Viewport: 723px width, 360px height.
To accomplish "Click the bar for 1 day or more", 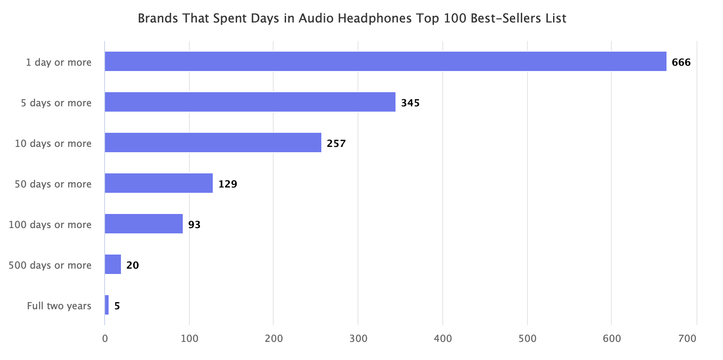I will tap(385, 61).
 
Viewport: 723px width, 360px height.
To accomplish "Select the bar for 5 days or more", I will tap(250, 102).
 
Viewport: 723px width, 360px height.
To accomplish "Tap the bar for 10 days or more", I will tap(213, 142).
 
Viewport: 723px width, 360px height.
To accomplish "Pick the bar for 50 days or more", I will tap(158, 183).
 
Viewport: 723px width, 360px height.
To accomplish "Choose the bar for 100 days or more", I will tap(143, 224).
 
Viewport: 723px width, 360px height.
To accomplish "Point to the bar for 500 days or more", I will tap(113, 264).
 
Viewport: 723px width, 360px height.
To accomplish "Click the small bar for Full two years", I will tap(107, 305).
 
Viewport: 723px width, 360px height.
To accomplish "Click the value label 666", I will tap(681, 62).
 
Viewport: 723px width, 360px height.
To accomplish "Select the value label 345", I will tap(410, 103).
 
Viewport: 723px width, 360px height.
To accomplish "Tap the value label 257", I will tap(336, 143).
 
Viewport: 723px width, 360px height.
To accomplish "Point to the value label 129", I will tap(228, 184).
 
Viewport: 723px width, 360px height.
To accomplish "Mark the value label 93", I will tap(194, 225).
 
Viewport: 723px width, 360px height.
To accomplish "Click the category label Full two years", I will tap(59, 306).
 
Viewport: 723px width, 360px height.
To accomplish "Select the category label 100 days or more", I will tap(50, 225).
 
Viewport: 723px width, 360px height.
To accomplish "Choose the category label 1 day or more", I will tap(58, 62).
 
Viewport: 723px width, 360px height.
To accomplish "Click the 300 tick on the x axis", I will tap(358, 338).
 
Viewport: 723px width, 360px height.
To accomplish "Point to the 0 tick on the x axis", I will tap(105, 338).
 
